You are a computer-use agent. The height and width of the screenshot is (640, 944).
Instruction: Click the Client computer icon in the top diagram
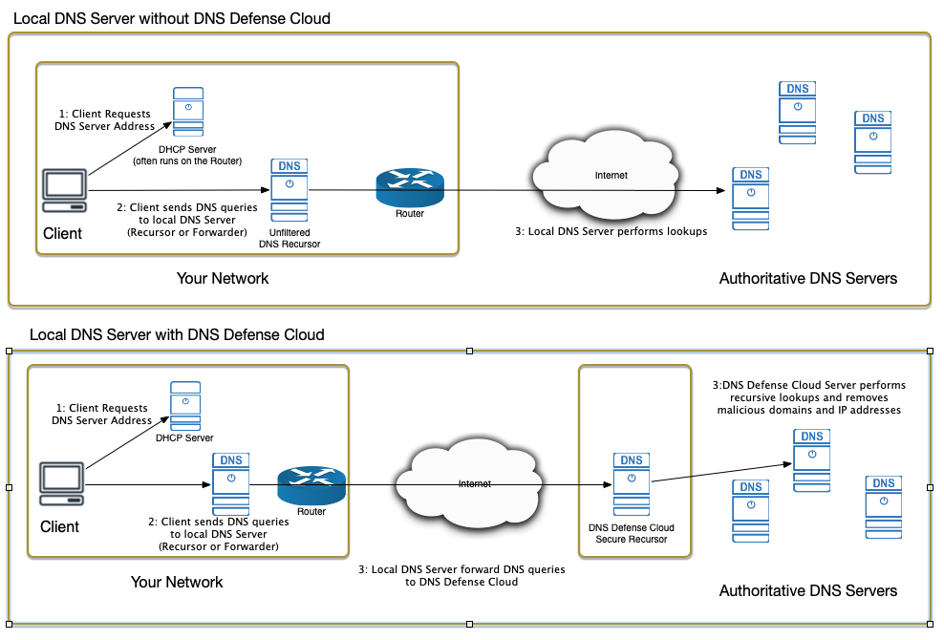point(64,191)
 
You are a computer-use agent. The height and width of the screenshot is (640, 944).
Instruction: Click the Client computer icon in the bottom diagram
point(61,484)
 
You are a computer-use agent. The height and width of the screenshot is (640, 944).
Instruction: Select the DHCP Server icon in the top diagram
point(188,112)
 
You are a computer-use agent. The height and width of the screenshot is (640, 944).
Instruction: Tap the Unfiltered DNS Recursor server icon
point(290,190)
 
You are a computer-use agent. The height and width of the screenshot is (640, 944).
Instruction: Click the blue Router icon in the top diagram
point(410,188)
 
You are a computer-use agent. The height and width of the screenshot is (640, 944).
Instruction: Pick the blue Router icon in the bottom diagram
point(311,485)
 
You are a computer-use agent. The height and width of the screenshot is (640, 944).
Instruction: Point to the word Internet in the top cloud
point(611,175)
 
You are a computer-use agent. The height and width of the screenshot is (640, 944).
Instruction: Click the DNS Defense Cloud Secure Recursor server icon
point(632,484)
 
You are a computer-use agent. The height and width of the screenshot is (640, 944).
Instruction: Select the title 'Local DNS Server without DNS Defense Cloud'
point(172,19)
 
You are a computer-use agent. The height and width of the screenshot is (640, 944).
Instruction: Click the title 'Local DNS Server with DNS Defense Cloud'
point(177,334)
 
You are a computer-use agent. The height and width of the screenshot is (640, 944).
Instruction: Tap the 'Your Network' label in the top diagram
point(223,278)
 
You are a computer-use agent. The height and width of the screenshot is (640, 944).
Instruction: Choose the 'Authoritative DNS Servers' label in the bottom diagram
point(808,590)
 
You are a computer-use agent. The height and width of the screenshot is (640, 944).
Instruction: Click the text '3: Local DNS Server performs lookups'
point(611,231)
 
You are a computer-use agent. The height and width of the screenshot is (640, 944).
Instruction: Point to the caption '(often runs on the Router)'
point(187,161)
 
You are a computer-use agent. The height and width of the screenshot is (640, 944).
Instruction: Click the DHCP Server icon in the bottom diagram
point(185,406)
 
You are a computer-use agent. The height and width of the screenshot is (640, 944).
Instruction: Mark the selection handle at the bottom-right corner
point(931,625)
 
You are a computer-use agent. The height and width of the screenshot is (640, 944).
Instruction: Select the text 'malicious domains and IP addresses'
point(809,410)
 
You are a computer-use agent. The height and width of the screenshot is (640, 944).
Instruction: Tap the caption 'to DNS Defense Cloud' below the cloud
point(461,582)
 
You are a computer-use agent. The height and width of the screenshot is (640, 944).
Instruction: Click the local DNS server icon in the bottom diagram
point(231,484)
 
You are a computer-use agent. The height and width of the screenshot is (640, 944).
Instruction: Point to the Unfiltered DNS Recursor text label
point(290,239)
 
